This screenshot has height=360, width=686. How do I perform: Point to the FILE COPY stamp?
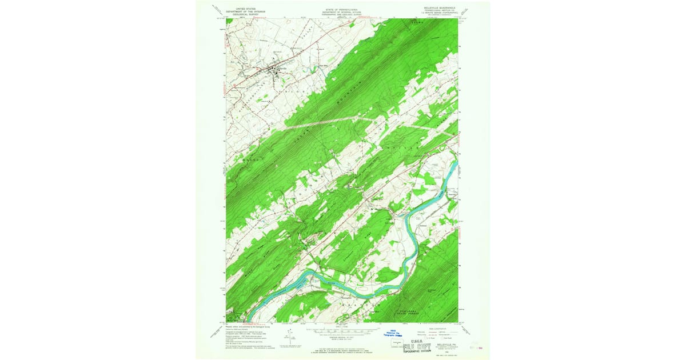(420, 346)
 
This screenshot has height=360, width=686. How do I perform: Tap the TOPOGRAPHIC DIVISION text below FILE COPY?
(420, 351)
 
